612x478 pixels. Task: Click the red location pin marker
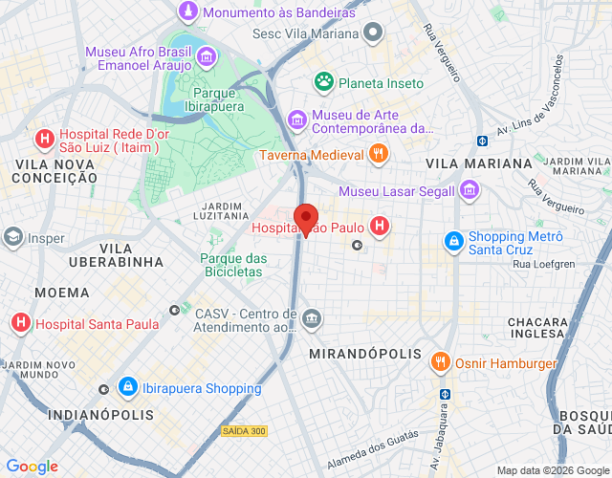pyautogui.click(x=305, y=219)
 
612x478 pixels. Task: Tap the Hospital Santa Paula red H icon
pyautogui.click(x=19, y=324)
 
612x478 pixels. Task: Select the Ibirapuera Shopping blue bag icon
pyautogui.click(x=126, y=387)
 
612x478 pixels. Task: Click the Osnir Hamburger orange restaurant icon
pyautogui.click(x=440, y=363)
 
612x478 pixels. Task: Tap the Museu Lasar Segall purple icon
pyautogui.click(x=468, y=190)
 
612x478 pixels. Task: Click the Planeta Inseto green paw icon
pyautogui.click(x=324, y=83)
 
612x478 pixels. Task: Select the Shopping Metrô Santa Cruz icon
pyautogui.click(x=454, y=241)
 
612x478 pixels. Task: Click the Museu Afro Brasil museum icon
pyautogui.click(x=205, y=58)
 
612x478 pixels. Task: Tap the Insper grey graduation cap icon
pyautogui.click(x=12, y=238)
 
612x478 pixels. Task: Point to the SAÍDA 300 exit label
pyautogui.click(x=244, y=432)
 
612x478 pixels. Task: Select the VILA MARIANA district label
pyautogui.click(x=478, y=163)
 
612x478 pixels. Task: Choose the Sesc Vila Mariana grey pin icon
pyautogui.click(x=375, y=33)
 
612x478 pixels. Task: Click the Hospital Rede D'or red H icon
pyautogui.click(x=43, y=140)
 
